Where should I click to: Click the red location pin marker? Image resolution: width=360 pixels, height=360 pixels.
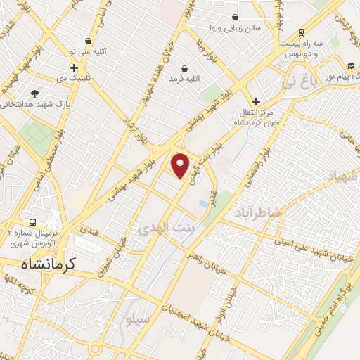click(x=181, y=165)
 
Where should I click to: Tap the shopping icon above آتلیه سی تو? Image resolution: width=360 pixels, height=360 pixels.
click(x=87, y=41)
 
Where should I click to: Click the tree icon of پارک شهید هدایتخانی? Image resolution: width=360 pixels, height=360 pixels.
click(x=34, y=92)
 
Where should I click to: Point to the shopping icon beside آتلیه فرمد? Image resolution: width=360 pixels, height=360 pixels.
click(x=184, y=68)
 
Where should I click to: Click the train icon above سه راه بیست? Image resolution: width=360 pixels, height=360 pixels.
click(x=301, y=32)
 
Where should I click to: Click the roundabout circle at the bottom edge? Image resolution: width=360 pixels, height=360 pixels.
click(x=96, y=349)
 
